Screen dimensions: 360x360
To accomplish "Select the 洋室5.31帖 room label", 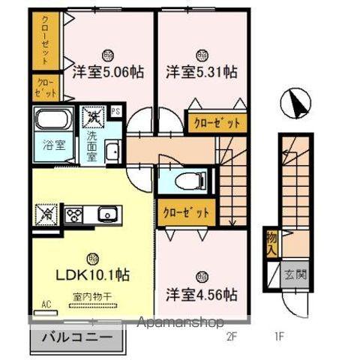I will pyautogui.click(x=202, y=73).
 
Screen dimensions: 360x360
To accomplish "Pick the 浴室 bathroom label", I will pyautogui.click(x=52, y=142).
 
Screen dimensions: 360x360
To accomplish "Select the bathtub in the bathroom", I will pyautogui.click(x=52, y=119).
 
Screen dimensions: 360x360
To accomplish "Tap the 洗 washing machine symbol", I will pyautogui.click(x=94, y=117).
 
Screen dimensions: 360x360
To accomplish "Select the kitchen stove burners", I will pyautogui.click(x=75, y=215).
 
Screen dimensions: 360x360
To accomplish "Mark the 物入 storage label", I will pyautogui.click(x=270, y=241).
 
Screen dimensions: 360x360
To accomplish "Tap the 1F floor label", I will pyautogui.click(x=278, y=336).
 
